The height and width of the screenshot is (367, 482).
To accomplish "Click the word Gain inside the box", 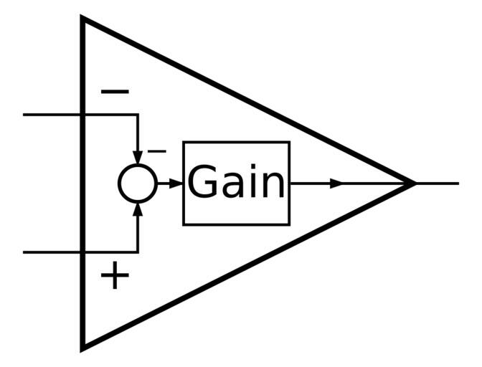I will [236, 183].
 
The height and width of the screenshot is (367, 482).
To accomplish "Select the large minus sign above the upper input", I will [115, 92].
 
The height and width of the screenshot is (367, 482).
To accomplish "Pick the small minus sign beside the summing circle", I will [156, 151].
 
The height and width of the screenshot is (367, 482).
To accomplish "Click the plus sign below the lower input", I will [115, 275].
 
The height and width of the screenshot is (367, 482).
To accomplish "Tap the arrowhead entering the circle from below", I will [137, 209].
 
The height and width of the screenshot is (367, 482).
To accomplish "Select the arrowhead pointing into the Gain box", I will [176, 183].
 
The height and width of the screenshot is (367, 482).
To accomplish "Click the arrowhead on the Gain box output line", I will [336, 183].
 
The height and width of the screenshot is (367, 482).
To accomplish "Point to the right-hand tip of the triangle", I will [415, 183].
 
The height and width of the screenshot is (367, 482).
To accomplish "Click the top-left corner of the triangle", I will [83, 19].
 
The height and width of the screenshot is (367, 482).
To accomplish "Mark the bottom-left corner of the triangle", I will [83, 348].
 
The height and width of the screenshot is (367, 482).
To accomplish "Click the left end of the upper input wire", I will [25, 115].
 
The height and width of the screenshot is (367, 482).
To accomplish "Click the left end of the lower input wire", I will [25, 252].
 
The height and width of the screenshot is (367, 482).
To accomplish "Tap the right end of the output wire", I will [458, 183].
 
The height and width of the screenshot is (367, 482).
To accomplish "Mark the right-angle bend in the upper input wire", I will [137, 115].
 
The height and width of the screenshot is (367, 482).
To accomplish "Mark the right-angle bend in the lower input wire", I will [137, 252].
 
